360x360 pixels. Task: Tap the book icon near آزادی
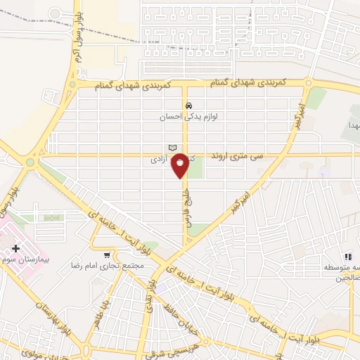(172, 147)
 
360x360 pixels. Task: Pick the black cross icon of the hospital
(15, 248)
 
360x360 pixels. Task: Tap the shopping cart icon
(106, 255)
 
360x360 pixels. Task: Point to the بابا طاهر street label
(103, 313)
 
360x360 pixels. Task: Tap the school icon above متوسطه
(347, 257)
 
